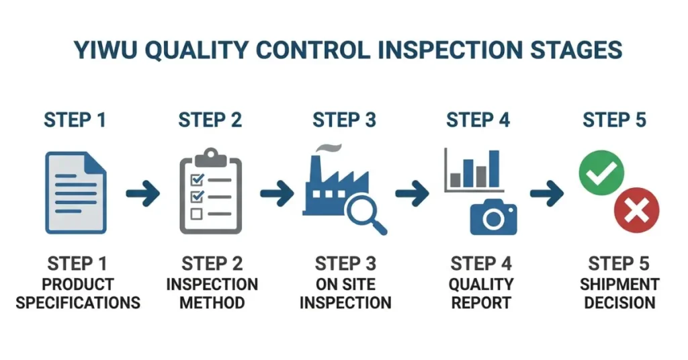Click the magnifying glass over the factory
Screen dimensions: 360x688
[363, 212]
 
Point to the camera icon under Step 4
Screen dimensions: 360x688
[493, 217]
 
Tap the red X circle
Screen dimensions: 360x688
[636, 212]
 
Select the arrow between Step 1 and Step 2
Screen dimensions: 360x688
[142, 194]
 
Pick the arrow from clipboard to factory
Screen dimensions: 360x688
[277, 194]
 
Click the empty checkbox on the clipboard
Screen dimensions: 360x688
[197, 214]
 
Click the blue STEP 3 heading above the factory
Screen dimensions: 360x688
[344, 121]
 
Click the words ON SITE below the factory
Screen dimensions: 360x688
[345, 283]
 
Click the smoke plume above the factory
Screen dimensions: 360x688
[327, 148]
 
